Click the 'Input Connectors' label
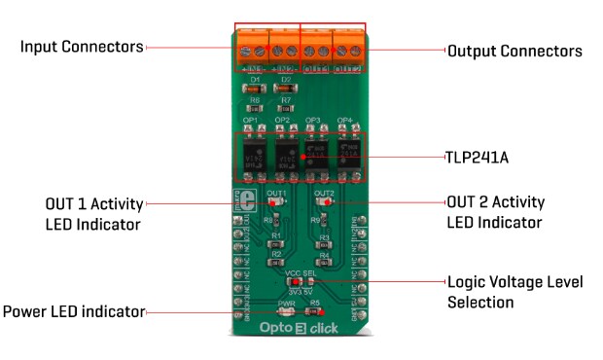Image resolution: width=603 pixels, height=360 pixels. point(83,47)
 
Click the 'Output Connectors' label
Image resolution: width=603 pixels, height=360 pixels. point(514,51)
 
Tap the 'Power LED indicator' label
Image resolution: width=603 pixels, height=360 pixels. point(74,312)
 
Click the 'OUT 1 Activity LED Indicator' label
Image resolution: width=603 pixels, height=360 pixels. point(93,213)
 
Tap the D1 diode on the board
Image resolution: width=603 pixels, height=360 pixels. point(255,88)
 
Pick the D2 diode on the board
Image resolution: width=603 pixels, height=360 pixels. point(286,88)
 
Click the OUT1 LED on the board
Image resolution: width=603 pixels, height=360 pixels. point(275,202)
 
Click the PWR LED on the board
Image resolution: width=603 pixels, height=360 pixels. point(286,312)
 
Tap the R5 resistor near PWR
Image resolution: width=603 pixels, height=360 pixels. point(315,312)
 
